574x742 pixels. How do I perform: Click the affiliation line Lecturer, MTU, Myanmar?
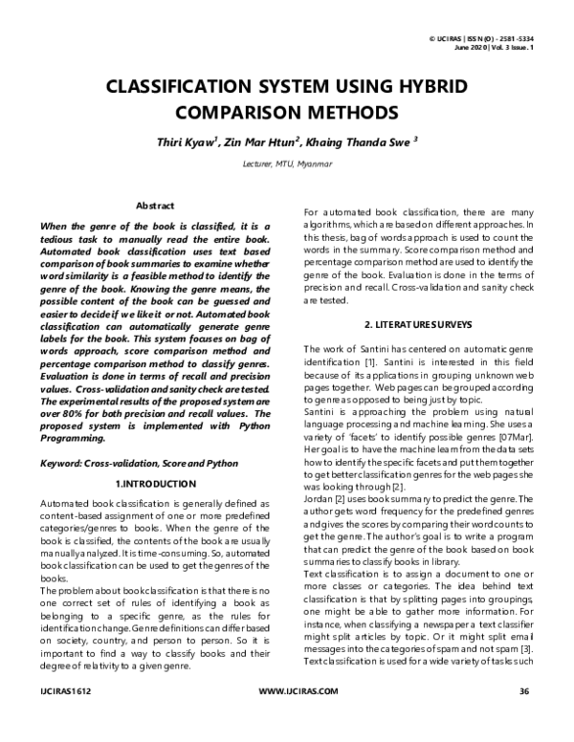287,164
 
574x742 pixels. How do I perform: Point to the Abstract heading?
154,206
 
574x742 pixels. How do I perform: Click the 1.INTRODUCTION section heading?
155,484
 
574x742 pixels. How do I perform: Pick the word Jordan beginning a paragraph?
319,498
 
